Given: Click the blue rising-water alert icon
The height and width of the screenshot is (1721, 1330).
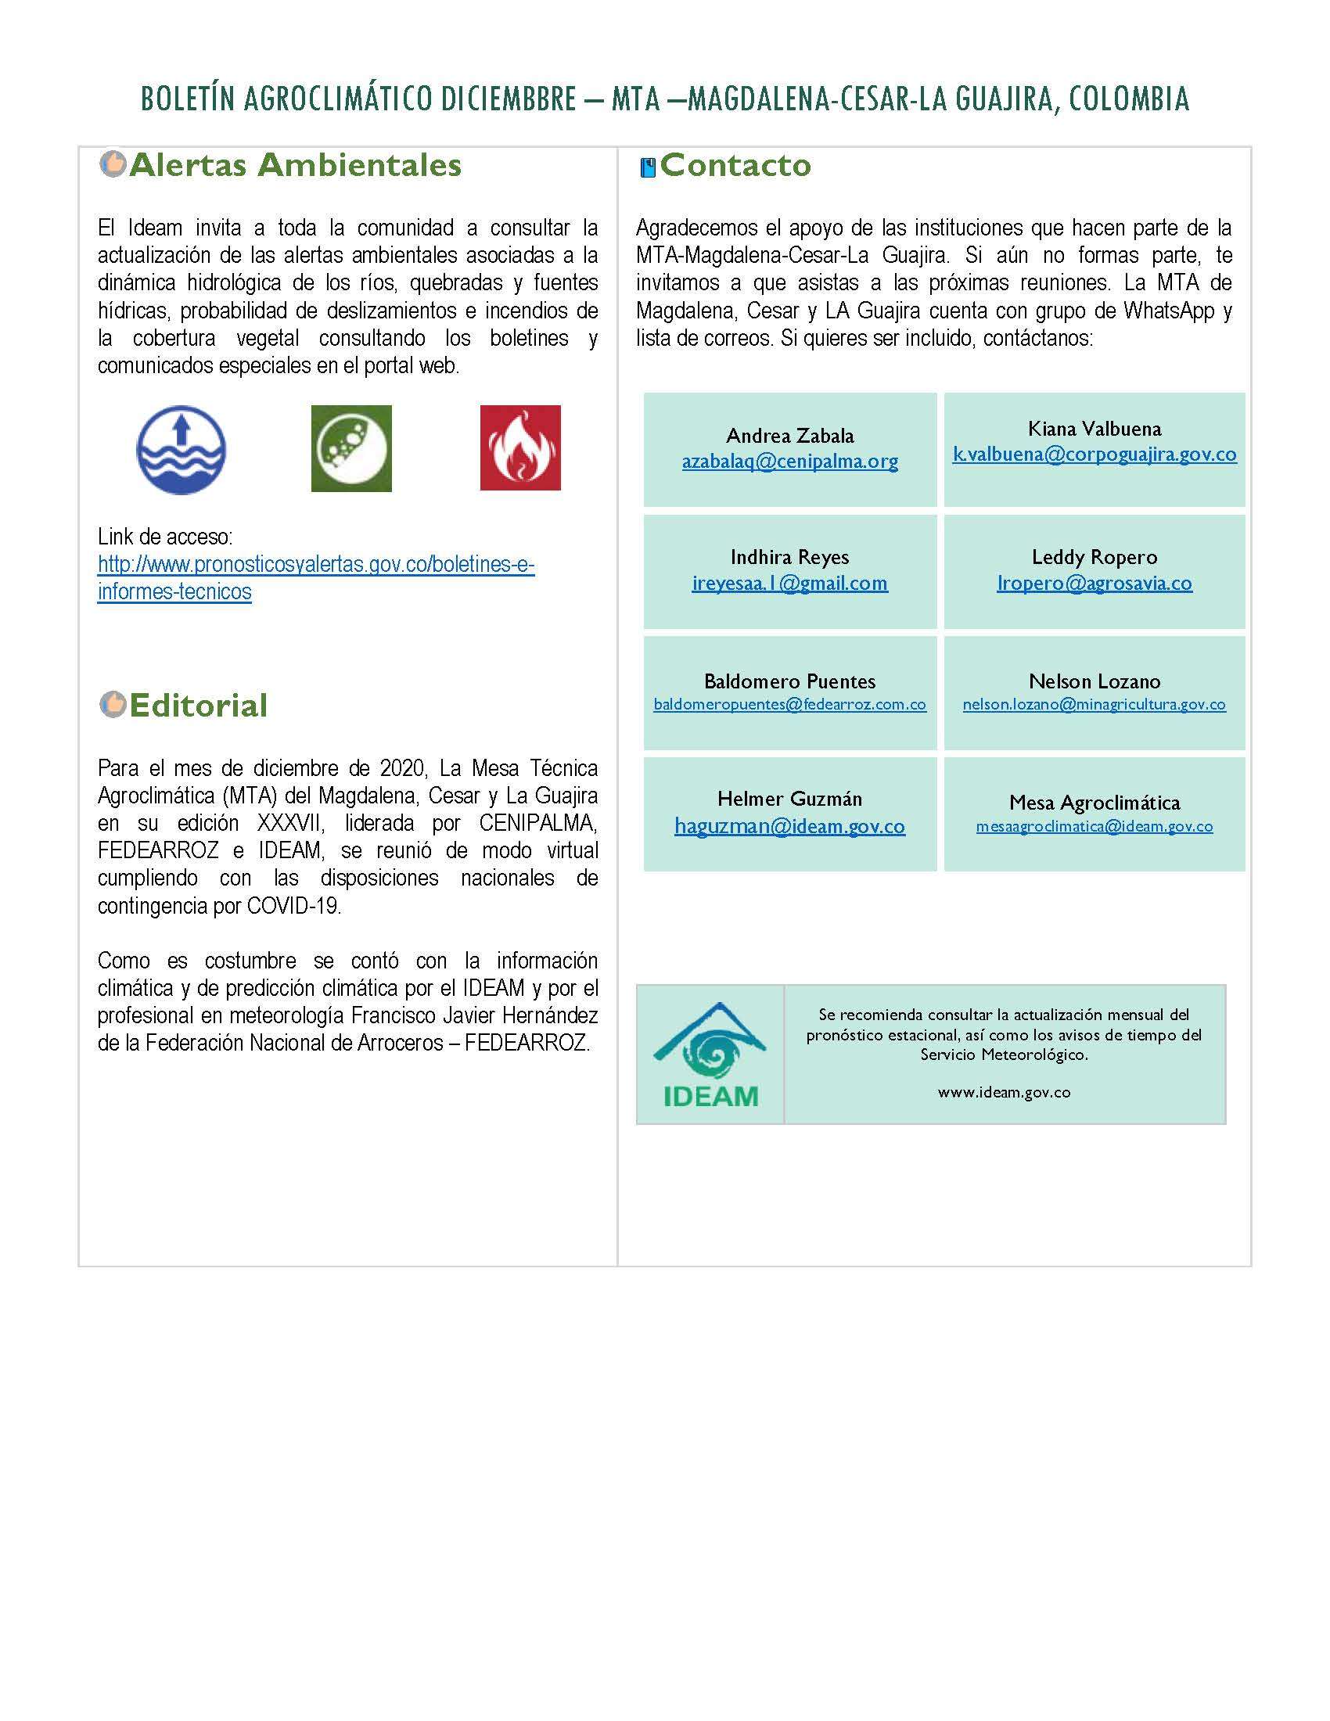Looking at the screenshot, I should click(182, 449).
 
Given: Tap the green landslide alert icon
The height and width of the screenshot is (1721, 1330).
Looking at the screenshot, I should click(351, 448).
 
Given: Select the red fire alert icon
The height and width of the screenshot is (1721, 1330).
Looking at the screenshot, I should click(520, 447).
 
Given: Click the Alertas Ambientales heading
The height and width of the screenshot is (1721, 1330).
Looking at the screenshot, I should click(295, 165).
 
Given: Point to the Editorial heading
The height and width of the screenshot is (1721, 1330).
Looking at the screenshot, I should click(198, 706).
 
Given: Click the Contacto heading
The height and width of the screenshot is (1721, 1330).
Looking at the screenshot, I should click(735, 165).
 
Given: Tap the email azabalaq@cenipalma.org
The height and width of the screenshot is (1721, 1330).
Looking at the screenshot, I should click(789, 462).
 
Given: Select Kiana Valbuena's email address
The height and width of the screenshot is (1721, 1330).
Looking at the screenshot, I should click(1095, 454).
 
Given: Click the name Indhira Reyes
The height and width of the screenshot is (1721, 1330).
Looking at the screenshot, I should click(789, 557).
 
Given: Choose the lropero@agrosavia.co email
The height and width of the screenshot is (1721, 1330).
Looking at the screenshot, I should click(1095, 583).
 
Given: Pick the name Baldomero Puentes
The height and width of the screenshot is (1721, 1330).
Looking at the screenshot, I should click(789, 681).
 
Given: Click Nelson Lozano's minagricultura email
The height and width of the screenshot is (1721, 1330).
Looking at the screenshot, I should click(1095, 705).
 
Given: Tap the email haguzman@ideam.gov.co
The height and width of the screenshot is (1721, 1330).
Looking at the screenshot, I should click(789, 826).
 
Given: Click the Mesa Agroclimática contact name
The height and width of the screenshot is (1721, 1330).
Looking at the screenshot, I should click(1095, 802).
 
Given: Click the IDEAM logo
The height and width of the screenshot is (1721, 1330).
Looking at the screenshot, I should click(710, 1055).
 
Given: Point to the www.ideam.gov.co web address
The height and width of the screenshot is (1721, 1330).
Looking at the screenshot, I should click(1004, 1092).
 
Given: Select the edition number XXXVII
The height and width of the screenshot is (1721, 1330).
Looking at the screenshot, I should click(288, 823).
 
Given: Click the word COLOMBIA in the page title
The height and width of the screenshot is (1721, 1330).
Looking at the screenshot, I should click(1129, 99).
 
